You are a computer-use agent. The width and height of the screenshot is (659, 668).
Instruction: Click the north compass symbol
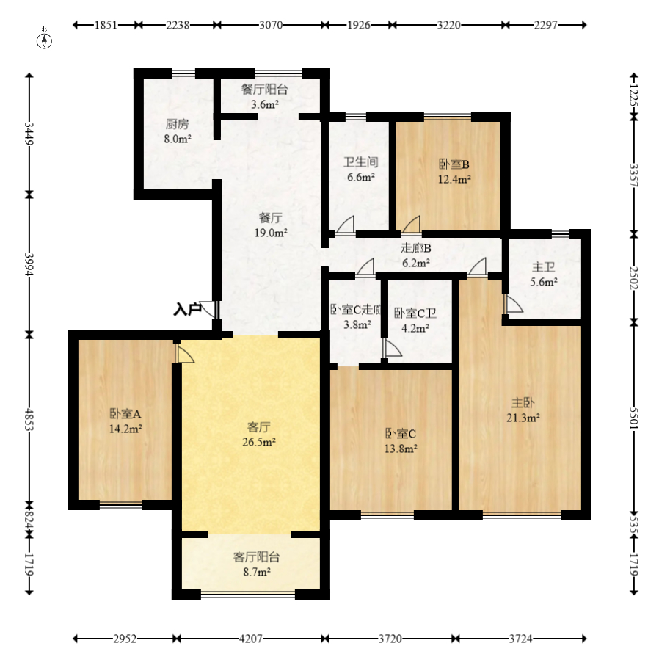point(44,40)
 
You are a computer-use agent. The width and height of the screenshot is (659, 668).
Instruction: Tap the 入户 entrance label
point(186,309)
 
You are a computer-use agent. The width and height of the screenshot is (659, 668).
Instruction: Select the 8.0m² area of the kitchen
point(177,139)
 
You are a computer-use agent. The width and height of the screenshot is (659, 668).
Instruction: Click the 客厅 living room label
point(258,427)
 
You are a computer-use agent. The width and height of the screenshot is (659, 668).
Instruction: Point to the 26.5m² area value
point(258,442)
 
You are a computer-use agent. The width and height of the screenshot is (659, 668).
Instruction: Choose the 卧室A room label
point(125,414)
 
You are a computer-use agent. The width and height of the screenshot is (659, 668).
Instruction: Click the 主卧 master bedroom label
point(523,402)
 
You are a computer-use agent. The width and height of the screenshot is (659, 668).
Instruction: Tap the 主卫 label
point(544,267)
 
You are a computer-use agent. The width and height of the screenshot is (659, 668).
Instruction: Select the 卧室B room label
point(454,164)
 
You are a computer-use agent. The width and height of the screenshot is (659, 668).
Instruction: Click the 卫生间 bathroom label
point(361,162)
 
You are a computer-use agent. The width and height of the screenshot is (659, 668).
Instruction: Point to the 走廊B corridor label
point(416,248)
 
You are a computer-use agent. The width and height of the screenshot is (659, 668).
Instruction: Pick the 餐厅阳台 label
point(264,90)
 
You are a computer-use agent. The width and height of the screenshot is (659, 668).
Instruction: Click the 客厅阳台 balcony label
point(256,557)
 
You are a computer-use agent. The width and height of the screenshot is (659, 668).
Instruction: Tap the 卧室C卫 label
point(415,313)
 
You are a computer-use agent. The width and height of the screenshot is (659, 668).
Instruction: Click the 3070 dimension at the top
point(271,25)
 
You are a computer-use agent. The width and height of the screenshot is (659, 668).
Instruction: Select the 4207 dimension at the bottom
point(250,639)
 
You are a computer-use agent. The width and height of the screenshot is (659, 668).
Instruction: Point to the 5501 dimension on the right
point(634,418)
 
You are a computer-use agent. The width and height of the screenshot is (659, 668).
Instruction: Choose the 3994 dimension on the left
point(29,264)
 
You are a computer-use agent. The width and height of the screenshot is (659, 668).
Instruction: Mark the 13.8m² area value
point(401,449)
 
